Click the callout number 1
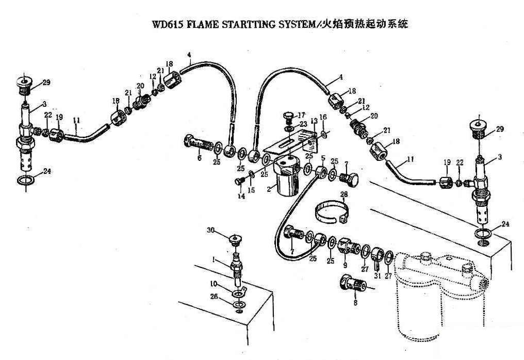[214, 261]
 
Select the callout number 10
[214, 284]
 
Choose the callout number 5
[323, 158]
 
